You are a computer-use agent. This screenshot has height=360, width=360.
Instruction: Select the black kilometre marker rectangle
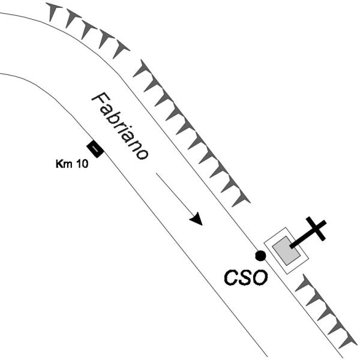coord(95,148)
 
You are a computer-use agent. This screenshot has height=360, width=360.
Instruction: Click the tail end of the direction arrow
coord(157,175)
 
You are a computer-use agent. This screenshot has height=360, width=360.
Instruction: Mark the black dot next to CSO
coord(260,256)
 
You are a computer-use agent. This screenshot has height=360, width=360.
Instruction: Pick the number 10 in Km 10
coord(82,163)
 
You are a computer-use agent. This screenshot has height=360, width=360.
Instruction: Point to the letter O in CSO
coord(258,278)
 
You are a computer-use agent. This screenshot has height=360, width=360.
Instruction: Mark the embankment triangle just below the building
coord(302,282)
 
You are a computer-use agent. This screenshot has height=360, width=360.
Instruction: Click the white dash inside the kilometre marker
coord(95,148)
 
